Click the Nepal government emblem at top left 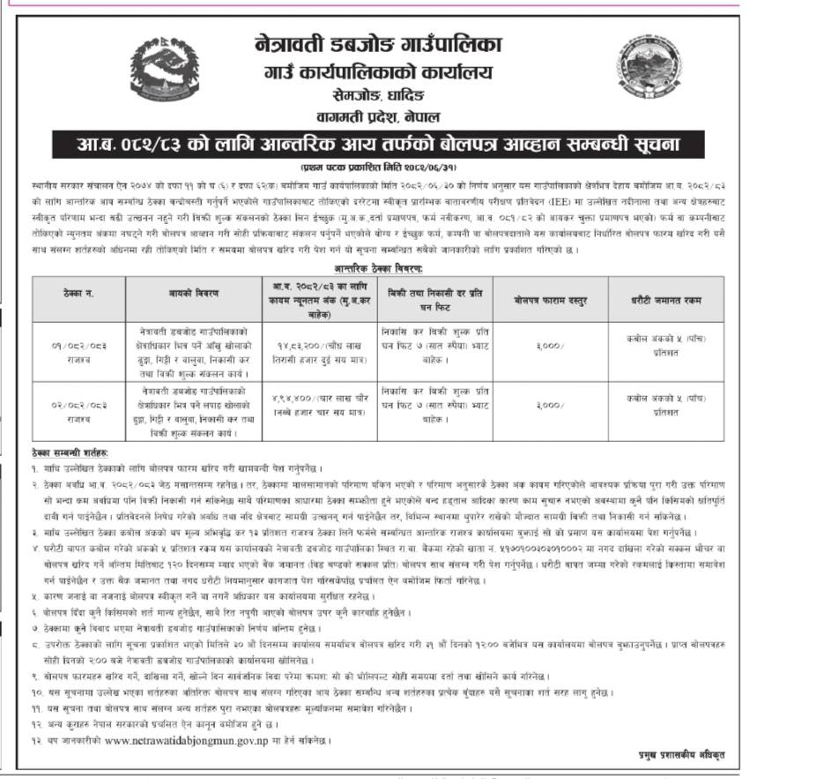(x=162, y=71)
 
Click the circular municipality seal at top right (x=648, y=66)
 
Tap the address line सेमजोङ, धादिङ (x=404, y=95)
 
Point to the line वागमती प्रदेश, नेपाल (x=404, y=115)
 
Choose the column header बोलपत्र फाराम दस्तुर (x=550, y=300)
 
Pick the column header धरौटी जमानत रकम (x=667, y=300)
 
